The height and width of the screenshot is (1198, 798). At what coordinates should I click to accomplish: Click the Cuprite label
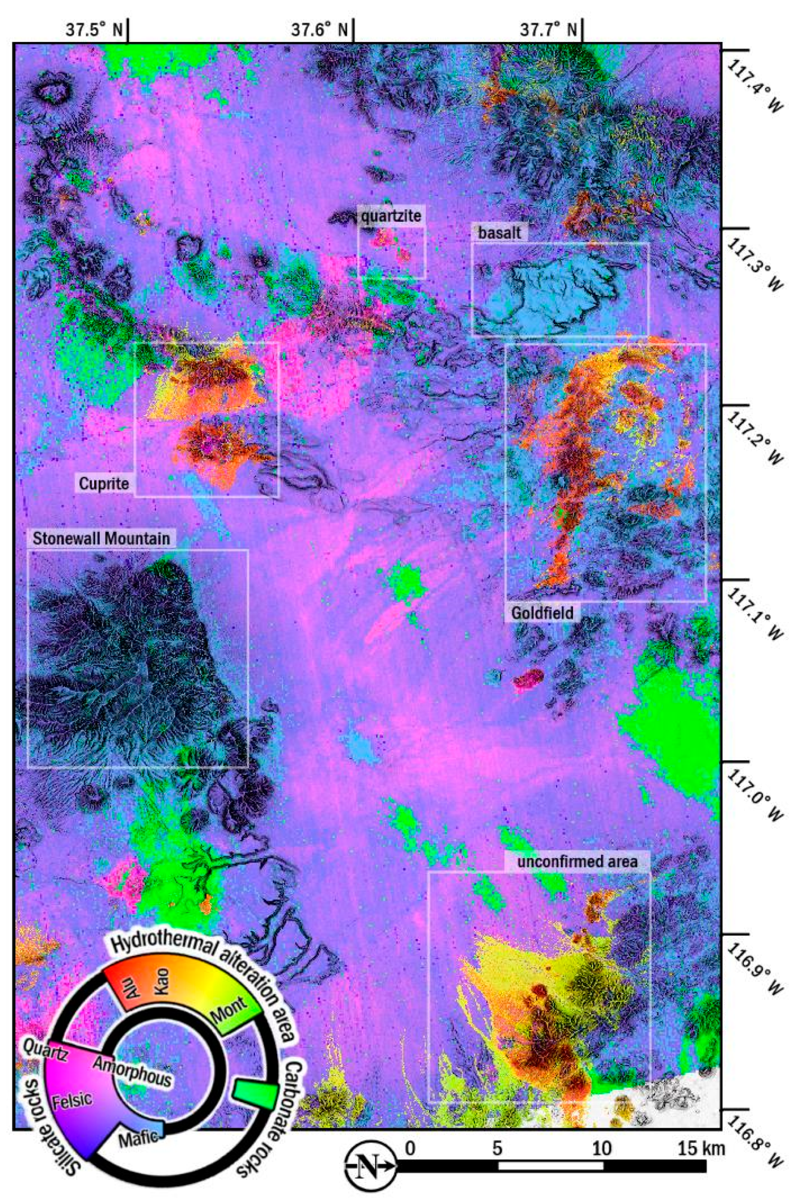[x=104, y=483]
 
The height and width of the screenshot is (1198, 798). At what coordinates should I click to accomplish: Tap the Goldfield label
[x=542, y=613]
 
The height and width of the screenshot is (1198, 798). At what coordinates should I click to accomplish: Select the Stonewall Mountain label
[x=101, y=538]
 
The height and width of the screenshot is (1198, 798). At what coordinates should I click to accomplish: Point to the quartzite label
[x=391, y=216]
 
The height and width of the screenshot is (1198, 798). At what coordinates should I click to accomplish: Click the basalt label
[x=499, y=233]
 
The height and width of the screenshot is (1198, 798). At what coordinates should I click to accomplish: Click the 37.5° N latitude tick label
[x=94, y=30]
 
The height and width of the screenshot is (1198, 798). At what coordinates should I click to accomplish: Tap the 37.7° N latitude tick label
[x=549, y=30]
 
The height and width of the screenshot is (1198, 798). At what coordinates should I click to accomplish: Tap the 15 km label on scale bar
[x=700, y=1134]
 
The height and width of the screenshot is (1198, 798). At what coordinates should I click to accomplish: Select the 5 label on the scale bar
[x=497, y=1134]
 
